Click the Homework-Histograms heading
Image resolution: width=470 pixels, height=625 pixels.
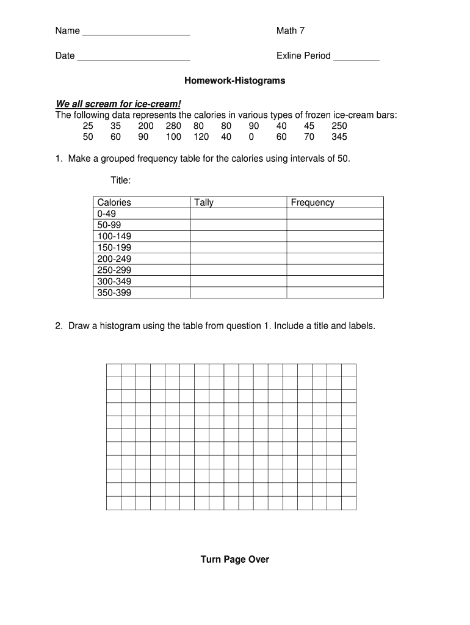(x=235, y=81)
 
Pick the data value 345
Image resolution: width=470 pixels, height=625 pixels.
(x=339, y=137)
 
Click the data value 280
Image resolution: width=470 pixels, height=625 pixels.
(x=173, y=126)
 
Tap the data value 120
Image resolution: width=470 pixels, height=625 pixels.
(x=201, y=137)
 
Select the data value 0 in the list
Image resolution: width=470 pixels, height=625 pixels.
(x=251, y=137)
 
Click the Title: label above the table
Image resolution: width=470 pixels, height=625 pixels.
(x=120, y=181)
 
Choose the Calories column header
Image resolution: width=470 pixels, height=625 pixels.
(x=114, y=203)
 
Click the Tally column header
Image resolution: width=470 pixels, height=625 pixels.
(x=204, y=203)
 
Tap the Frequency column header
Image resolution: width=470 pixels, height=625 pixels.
(x=313, y=203)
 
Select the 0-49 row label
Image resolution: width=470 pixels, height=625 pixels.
(x=106, y=214)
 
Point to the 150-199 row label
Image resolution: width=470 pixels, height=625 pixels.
(x=114, y=247)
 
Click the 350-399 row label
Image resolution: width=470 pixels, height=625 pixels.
(x=114, y=292)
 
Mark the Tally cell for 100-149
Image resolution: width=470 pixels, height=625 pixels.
(x=238, y=236)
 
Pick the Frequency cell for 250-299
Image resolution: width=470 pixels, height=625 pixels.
(x=334, y=270)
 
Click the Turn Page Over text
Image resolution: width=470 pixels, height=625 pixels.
(x=235, y=559)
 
